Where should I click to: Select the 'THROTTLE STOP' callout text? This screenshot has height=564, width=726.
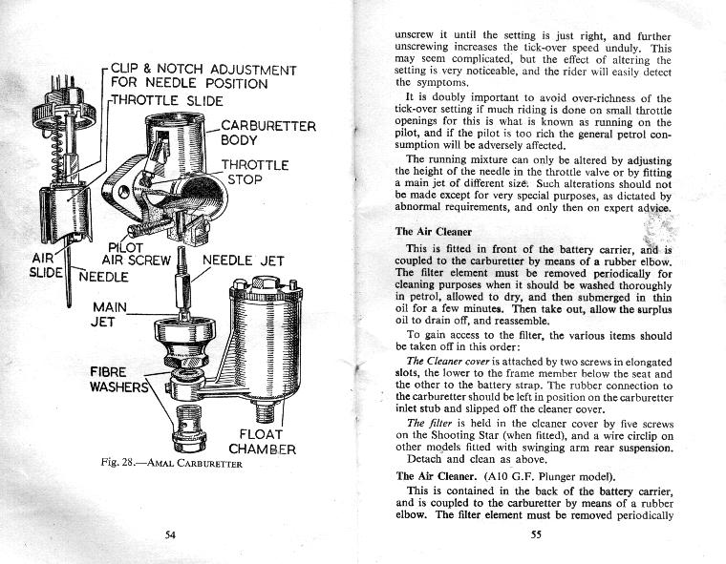[x=255, y=173]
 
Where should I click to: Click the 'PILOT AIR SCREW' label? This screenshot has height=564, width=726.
[x=135, y=252]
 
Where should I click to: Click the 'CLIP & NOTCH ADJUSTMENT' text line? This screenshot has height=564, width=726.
[x=203, y=70]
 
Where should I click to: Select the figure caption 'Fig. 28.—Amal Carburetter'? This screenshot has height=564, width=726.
[x=171, y=464]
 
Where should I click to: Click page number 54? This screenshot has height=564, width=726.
[x=169, y=534]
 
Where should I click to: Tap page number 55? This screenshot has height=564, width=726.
[x=536, y=534]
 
